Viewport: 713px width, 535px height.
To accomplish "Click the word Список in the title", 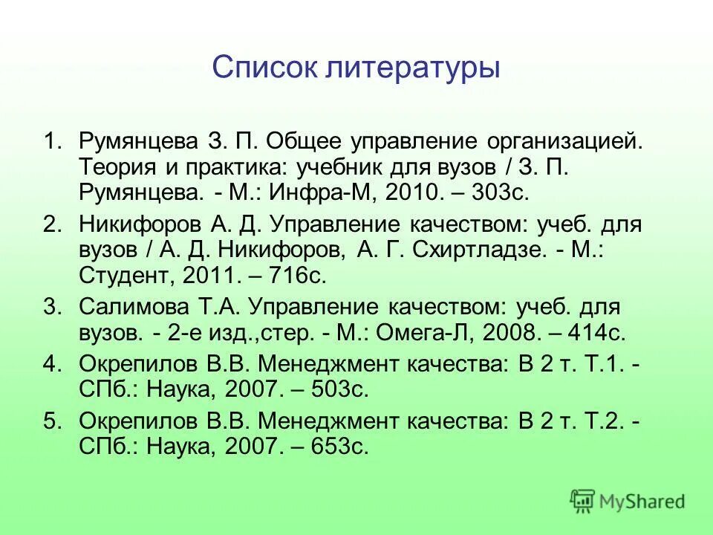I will (264, 68).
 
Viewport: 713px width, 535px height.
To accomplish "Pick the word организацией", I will (564, 141).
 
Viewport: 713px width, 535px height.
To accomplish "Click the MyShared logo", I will (628, 501).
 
